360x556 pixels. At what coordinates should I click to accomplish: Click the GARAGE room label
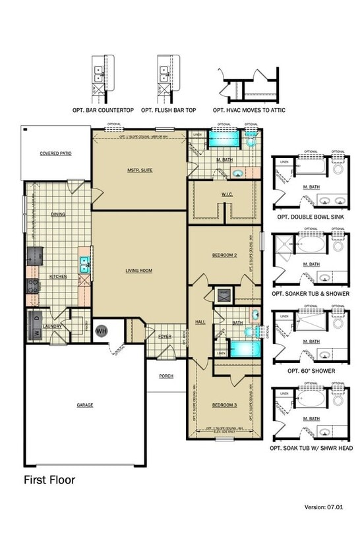84,404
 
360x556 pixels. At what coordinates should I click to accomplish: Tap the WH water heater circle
102,331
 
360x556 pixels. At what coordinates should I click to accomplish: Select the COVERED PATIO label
55,153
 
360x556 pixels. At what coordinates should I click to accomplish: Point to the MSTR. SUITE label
140,170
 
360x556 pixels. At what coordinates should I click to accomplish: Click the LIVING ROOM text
139,270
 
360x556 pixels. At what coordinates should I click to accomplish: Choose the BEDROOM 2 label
224,255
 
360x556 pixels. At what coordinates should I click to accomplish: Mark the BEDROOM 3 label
224,404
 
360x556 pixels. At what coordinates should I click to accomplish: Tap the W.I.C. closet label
224,194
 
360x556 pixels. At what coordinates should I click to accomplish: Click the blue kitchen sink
85,265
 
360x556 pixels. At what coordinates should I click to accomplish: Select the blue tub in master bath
224,139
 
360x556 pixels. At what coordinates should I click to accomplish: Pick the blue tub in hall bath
239,348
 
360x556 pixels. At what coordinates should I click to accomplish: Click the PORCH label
166,376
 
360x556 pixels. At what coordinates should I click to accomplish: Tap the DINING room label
57,214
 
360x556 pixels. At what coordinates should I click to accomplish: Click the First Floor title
49,480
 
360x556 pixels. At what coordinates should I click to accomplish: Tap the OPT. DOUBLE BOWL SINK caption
310,216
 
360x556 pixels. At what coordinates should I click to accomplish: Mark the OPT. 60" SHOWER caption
310,371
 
